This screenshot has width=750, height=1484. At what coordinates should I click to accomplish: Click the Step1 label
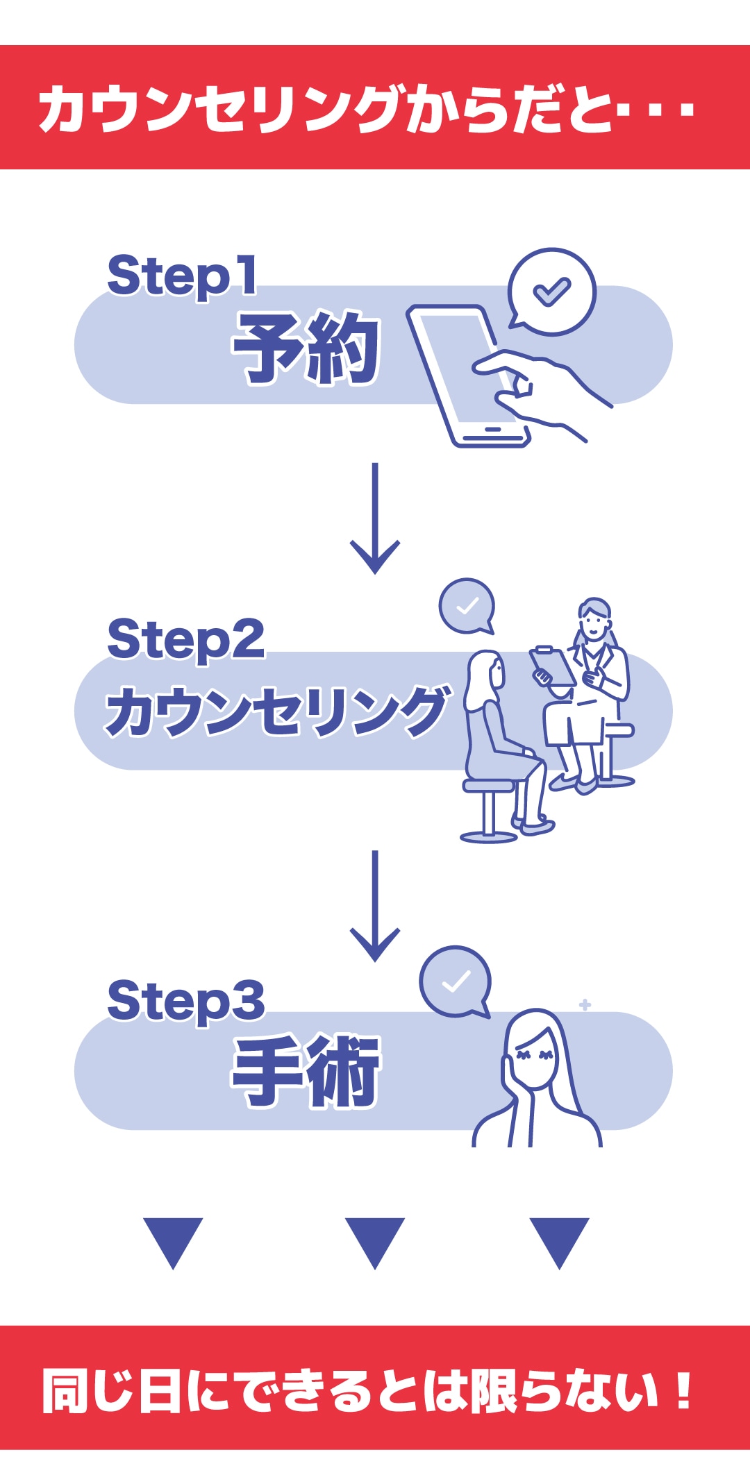coord(182,276)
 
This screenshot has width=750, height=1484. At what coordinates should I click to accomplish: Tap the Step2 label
coord(185,639)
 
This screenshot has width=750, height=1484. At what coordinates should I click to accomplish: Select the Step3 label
coord(185,1000)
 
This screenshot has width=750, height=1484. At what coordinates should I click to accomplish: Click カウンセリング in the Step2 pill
coord(276,711)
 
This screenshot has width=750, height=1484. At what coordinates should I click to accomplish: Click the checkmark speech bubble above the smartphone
coord(551,292)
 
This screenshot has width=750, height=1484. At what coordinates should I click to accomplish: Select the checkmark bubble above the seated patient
coord(467,606)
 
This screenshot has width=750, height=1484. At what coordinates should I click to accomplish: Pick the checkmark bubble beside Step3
coord(456,981)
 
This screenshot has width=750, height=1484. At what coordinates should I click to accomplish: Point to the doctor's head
coord(594,619)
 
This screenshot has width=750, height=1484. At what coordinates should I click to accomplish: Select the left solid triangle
coord(173,1239)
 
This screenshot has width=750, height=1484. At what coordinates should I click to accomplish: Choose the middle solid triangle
coord(375,1239)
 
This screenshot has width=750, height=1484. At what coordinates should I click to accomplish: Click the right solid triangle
coord(559,1239)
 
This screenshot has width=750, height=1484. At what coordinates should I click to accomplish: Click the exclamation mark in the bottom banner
coord(684,1390)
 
